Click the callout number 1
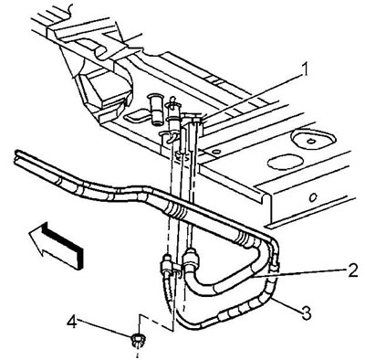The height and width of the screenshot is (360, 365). click(305, 69)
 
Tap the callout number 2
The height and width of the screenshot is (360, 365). click(352, 270)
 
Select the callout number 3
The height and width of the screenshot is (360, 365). click(305, 313)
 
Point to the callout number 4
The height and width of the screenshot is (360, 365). click(72, 322)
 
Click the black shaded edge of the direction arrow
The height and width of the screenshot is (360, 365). click(62, 244)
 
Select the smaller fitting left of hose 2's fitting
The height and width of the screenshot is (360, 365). click(167, 264)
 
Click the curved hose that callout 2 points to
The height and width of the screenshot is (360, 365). click(225, 281)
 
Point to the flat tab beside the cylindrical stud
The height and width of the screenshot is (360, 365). click(136, 115)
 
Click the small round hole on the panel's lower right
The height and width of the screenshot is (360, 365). click(313, 197)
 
